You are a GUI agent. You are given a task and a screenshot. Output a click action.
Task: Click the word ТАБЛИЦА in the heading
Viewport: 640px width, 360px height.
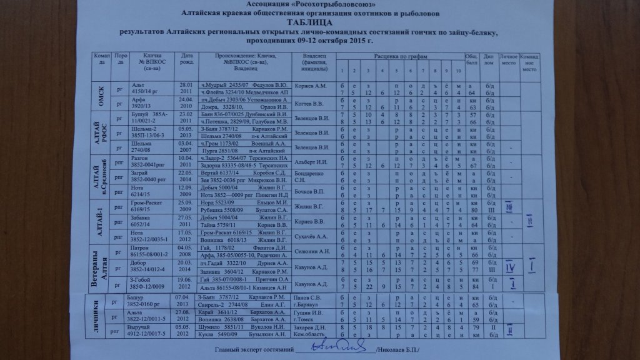[x=319, y=22]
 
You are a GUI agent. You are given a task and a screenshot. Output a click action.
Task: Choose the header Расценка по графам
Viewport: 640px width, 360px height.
[x=400, y=56]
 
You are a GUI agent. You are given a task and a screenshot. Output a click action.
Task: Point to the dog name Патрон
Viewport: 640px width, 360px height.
[x=139, y=248]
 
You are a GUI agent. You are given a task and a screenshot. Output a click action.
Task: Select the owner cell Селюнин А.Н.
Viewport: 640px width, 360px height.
[x=312, y=252]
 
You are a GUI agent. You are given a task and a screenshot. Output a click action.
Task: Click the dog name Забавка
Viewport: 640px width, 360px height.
[x=141, y=219]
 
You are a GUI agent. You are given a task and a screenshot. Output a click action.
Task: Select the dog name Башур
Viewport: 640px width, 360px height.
[x=138, y=297]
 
